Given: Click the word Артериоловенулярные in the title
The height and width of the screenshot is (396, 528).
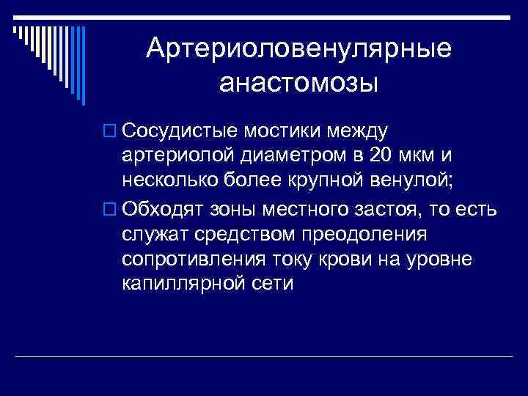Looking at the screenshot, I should (x=298, y=49).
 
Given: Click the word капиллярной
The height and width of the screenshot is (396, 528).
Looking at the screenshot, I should (x=187, y=285).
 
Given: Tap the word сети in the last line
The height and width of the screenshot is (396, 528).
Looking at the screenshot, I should (x=274, y=285).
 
